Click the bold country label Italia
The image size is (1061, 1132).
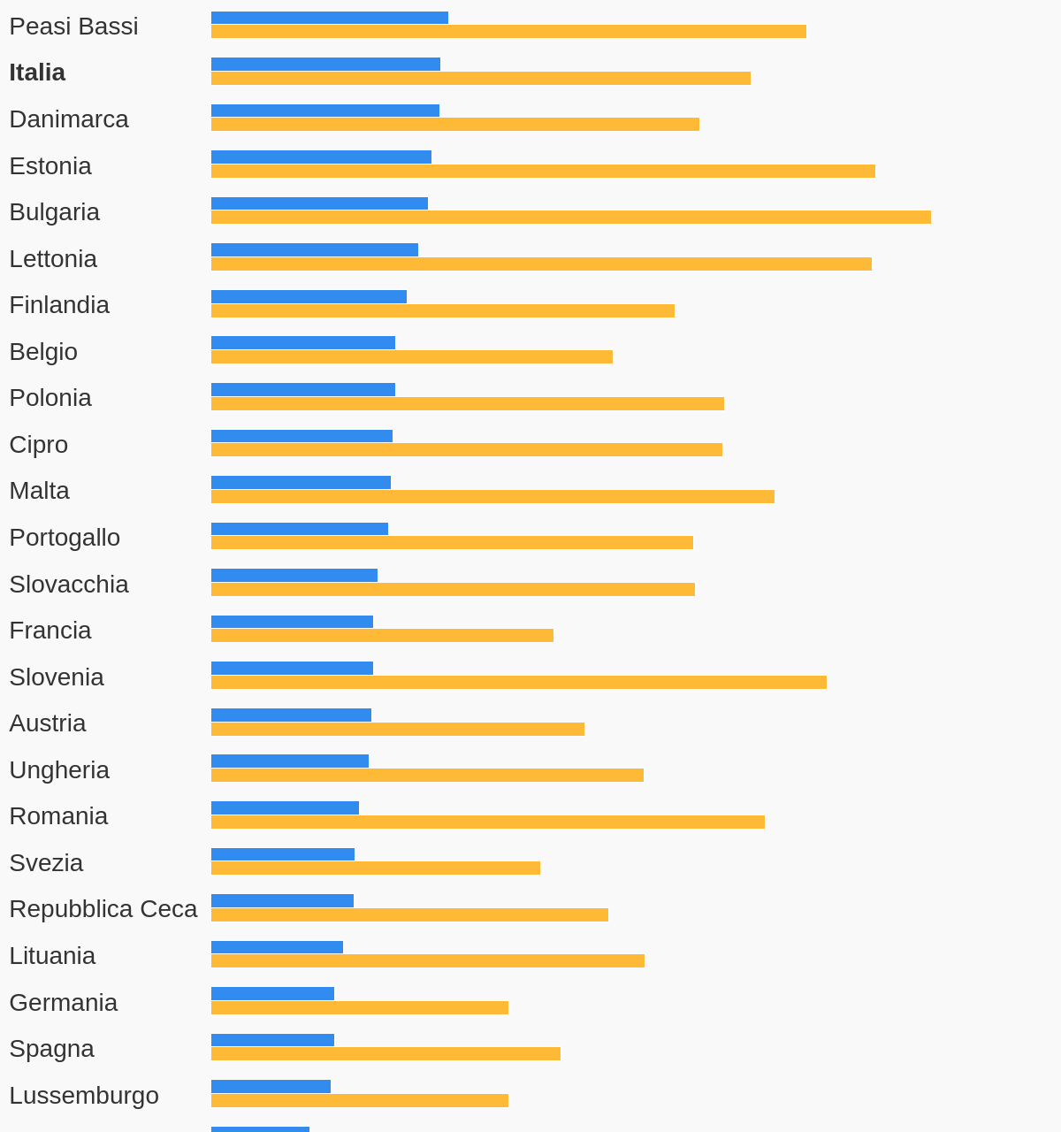[x=37, y=73]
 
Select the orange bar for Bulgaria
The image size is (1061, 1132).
[x=570, y=218]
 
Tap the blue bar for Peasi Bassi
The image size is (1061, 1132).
[x=329, y=18]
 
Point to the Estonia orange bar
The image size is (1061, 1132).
[x=543, y=171]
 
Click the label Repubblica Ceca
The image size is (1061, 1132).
[x=103, y=909]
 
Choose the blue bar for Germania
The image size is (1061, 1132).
[x=272, y=994]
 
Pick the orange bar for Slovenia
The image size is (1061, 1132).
[x=518, y=683]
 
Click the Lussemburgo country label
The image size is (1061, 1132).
[x=84, y=1096]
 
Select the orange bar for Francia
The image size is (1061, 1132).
[x=382, y=636]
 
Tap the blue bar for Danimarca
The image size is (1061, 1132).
[x=324, y=111]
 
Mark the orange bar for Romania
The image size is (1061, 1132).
[x=487, y=822]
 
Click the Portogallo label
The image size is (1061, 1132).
[x=65, y=538]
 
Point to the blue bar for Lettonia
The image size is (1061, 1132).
[x=314, y=250]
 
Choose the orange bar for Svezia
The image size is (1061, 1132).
[x=375, y=868]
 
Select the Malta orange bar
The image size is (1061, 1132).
[x=492, y=497]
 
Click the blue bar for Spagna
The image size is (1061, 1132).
[x=272, y=1040]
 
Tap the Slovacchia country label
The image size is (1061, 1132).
[x=69, y=585]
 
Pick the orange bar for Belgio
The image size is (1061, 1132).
[x=411, y=357]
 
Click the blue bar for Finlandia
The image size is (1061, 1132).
[x=309, y=297]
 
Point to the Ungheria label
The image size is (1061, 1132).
[x=59, y=770]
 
